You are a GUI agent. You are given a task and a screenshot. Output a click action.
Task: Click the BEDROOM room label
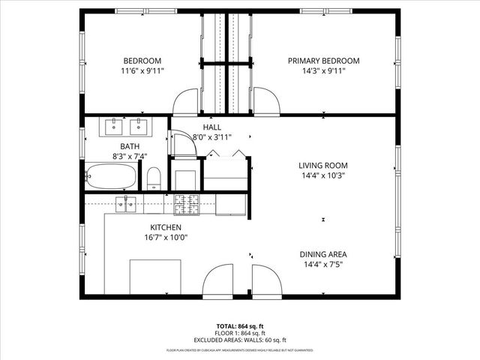pos(142,61)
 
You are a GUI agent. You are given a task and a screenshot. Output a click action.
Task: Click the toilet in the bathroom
pos(154,178)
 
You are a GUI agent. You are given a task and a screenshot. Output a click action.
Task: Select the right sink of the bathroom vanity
pos(139,125)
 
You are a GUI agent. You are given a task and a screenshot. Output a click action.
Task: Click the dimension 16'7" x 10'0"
pos(165,237)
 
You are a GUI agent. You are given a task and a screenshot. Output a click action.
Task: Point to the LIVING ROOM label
pos(323,166)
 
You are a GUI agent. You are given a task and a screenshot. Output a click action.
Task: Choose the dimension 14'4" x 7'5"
pos(323,264)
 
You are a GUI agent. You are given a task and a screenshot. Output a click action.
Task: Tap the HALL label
pos(211,127)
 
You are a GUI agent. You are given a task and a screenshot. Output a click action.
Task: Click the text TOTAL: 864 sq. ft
pos(240,326)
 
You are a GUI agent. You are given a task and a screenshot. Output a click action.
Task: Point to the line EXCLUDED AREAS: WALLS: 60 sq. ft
pos(240,340)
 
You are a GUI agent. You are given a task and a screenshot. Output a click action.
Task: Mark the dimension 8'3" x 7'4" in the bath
pos(130,157)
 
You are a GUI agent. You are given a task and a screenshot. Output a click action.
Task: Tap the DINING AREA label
pos(323,254)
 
